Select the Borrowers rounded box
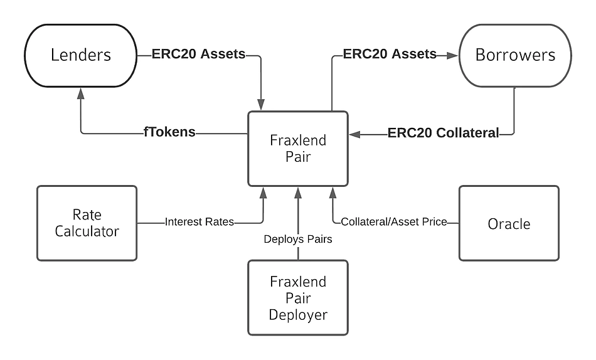coord(515,55)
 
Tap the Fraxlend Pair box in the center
coord(298,149)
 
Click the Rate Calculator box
coord(87,223)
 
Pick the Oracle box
coord(509,223)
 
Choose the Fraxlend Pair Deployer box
coord(298,298)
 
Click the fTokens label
coord(169,132)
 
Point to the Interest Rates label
coord(199,222)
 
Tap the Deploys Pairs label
coord(298,239)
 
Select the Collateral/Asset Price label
coord(393,222)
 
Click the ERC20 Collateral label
coord(444,133)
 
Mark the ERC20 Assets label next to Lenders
coord(198,54)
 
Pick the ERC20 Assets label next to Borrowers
coord(390,54)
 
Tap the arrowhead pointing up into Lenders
coord(80,93)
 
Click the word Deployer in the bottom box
coord(298,314)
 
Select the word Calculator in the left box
coord(87,231)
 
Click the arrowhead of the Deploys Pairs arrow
coord(298,191)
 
